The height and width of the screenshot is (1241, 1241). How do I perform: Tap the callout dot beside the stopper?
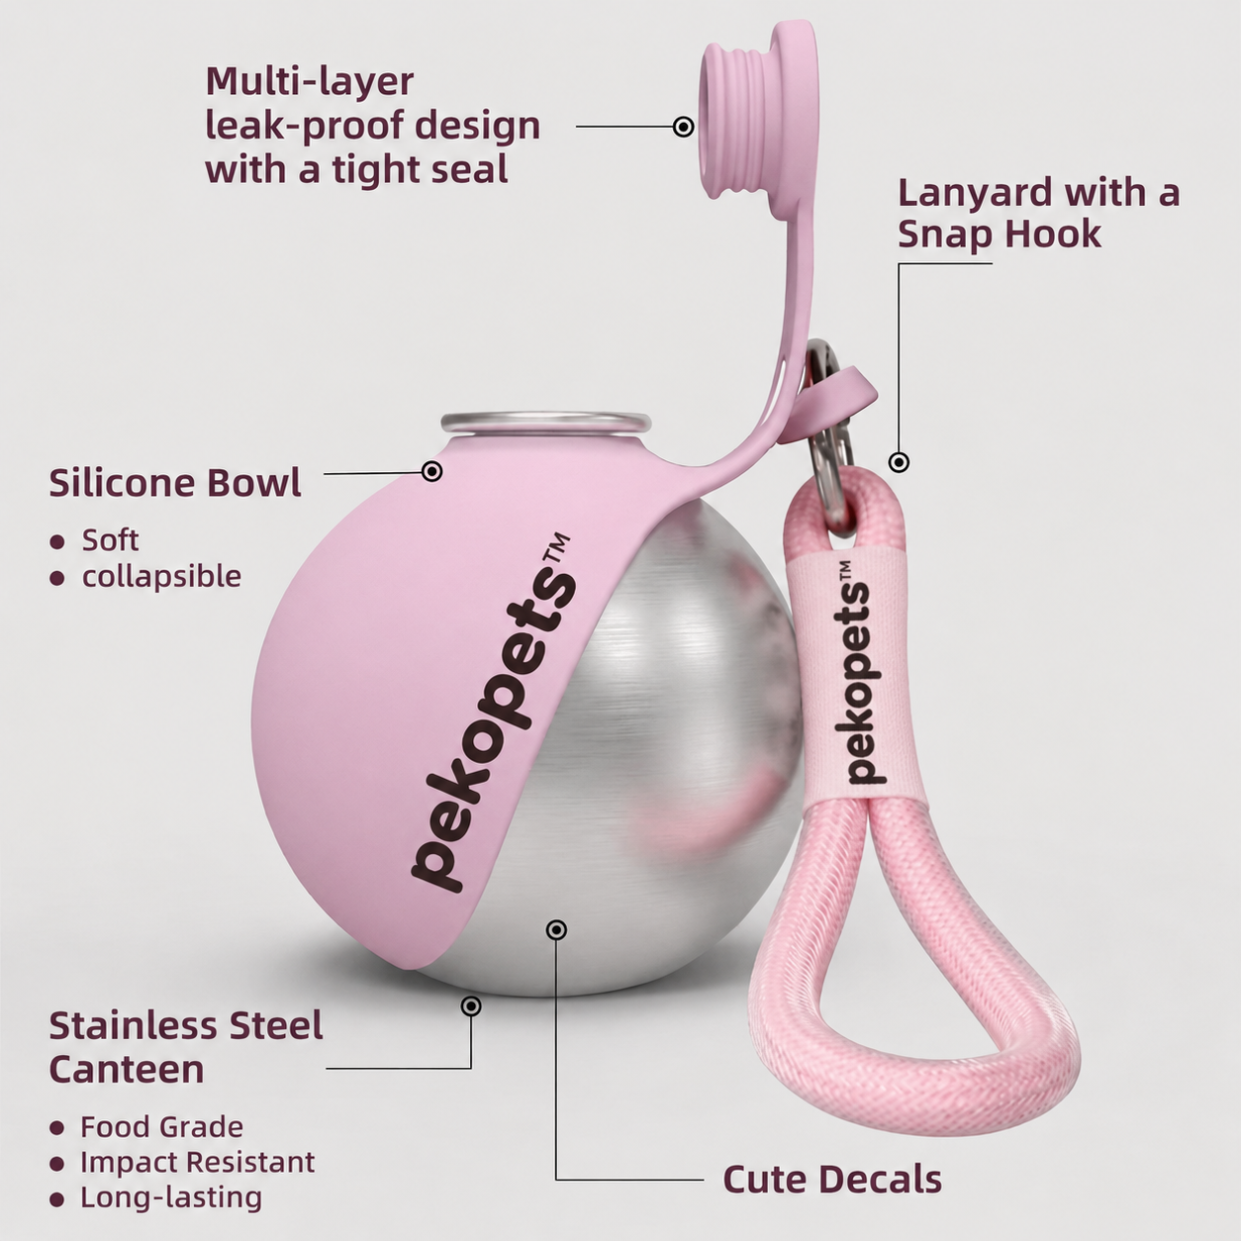683,127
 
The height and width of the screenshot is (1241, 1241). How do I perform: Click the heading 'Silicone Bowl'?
175,483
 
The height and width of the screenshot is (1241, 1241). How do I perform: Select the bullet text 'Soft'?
110,540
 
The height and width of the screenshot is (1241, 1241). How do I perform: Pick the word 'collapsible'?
161,576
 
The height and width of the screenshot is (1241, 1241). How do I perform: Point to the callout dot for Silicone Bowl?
432,471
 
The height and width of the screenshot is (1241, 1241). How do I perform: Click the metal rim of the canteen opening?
545,423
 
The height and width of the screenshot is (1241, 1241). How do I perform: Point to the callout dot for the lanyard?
899,462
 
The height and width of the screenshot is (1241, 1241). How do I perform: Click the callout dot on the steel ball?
556,929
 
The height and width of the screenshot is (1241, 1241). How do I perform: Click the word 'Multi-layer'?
310,81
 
